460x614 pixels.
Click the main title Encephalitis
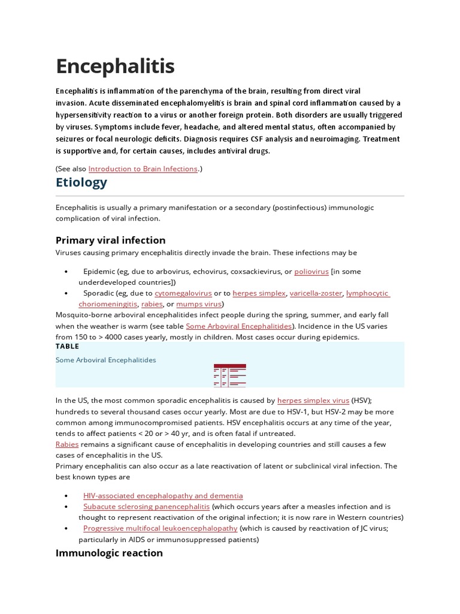pos(115,66)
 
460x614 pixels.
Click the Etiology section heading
pos(81,182)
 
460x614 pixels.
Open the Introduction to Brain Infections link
pos(143,169)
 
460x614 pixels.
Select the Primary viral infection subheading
pos(110,240)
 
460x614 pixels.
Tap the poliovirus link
pos(311,271)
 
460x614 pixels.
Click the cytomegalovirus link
pos(183,293)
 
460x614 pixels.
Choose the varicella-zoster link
pos(316,293)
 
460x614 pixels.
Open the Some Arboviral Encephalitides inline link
pos(238,326)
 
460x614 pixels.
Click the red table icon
pos(229,375)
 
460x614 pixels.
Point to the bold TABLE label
pos(67,347)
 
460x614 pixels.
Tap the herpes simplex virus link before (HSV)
pos(313,400)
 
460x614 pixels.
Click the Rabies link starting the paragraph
pos(66,444)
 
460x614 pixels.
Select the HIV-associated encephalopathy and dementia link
pos(163,495)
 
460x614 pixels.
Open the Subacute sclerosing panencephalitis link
pos(146,507)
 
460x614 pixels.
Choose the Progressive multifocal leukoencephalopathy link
pos(160,528)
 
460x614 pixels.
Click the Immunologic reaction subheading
pos(109,553)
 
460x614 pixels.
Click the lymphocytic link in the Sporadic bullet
pos(367,293)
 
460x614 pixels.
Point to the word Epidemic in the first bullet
pos(99,271)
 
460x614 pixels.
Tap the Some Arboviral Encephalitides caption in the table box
pos(105,360)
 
